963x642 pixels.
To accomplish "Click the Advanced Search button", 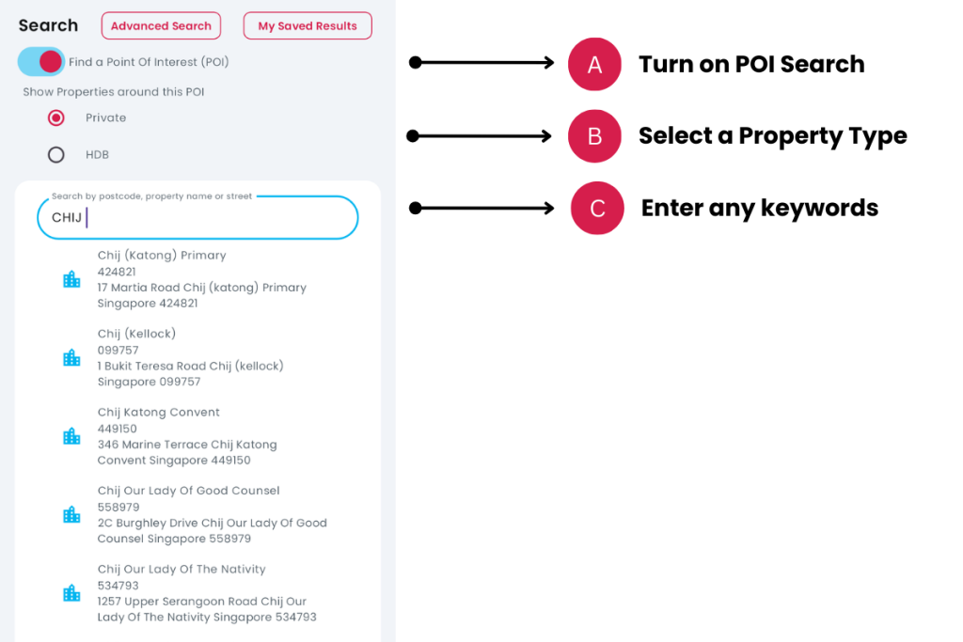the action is (161, 25).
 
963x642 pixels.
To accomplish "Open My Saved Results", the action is (308, 25).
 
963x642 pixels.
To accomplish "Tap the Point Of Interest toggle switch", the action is (41, 61).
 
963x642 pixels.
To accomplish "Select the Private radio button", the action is (55, 117).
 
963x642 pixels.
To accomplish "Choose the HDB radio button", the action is (55, 155).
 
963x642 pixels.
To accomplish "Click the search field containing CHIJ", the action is (197, 217).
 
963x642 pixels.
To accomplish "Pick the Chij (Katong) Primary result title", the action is (162, 256).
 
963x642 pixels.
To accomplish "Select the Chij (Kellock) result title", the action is (136, 334).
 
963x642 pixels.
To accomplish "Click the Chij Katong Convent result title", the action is (158, 412).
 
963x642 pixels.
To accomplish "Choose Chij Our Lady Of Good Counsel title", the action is (188, 491).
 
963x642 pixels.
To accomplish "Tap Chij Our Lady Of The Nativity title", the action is (182, 569).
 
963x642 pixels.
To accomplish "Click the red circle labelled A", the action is (594, 64).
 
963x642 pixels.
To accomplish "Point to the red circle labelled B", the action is (594, 135).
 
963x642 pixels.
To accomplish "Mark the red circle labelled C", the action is (597, 208).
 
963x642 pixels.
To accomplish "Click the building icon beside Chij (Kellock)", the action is (71, 357).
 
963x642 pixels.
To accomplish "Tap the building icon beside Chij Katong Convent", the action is (71, 436).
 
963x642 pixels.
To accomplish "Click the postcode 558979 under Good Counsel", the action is (118, 507).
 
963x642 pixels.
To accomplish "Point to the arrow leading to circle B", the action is (479, 135).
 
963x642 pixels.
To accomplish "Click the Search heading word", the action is (48, 25).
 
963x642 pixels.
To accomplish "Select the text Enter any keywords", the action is (760, 208).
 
